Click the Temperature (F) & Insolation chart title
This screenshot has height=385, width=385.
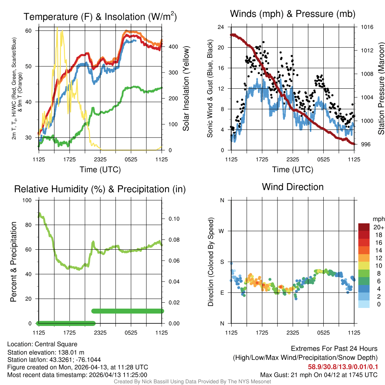pyautogui.click(x=100, y=17)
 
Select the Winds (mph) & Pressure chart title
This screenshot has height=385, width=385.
pyautogui.click(x=293, y=14)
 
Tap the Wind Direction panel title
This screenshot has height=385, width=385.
pyautogui.click(x=293, y=187)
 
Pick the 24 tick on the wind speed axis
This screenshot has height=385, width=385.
pyautogui.click(x=221, y=27)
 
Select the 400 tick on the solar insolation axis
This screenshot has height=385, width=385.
pyautogui.click(x=170, y=47)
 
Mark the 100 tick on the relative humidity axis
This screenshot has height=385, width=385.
pyautogui.click(x=30, y=200)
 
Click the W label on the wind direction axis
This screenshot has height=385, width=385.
pyautogui.click(x=222, y=231)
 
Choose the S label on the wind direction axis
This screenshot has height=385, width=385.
pyautogui.click(x=222, y=262)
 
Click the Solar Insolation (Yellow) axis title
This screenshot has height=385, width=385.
pyautogui.click(x=186, y=89)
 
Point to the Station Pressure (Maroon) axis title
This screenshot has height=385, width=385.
pyautogui.click(x=381, y=89)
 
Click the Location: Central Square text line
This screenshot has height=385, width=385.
pyautogui.click(x=42, y=344)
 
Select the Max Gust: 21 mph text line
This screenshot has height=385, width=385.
pyautogui.click(x=318, y=375)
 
